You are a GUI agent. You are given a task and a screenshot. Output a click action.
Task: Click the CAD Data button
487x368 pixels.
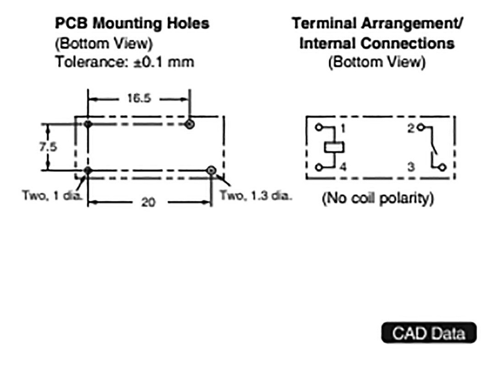click(429, 333)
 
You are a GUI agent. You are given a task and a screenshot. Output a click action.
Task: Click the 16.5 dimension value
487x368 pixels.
click(139, 99)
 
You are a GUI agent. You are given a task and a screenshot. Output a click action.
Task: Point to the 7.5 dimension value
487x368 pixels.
click(48, 147)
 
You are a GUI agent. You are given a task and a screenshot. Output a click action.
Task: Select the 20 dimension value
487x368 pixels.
click(148, 202)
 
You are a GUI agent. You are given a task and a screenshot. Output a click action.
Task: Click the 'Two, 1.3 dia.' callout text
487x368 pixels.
click(254, 195)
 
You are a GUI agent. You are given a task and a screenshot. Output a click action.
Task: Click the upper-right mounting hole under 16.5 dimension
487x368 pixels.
click(190, 125)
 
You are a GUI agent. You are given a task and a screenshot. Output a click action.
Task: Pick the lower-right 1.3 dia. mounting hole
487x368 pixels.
click(211, 170)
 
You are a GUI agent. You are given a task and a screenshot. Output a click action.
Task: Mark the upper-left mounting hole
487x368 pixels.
click(88, 124)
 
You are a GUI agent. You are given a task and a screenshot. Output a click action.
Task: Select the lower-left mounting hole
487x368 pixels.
click(88, 170)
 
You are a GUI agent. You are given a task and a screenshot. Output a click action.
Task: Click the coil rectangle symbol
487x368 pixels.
click(334, 147)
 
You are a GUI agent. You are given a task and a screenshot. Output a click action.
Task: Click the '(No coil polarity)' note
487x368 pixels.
click(378, 198)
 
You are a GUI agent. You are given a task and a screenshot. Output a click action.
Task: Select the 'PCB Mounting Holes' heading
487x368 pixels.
click(132, 23)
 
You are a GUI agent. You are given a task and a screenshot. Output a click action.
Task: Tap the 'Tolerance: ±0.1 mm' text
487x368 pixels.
click(125, 62)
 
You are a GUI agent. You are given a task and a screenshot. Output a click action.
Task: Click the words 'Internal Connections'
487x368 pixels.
click(377, 43)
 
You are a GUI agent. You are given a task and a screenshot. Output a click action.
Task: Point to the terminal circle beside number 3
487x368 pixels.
click(443, 167)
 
